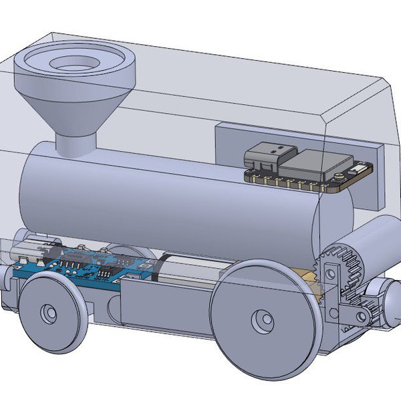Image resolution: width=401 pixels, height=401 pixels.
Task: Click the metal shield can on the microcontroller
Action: tap(313, 164)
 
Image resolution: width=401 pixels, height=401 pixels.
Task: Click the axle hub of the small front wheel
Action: tap(49, 312)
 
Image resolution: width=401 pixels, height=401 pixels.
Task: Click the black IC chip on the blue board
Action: tap(104, 273)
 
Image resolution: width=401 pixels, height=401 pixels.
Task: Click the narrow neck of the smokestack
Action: tap(75, 142)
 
